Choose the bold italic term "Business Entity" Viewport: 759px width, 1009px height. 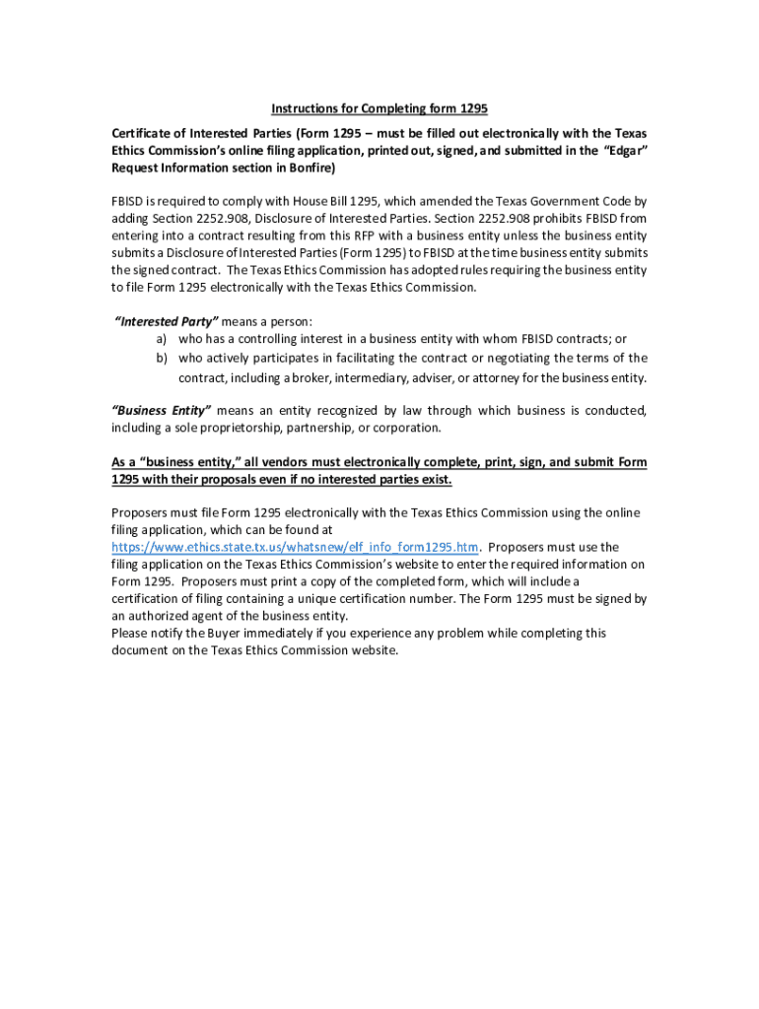pyautogui.click(x=162, y=410)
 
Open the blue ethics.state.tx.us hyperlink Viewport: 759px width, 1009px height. pyautogui.click(x=296, y=547)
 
